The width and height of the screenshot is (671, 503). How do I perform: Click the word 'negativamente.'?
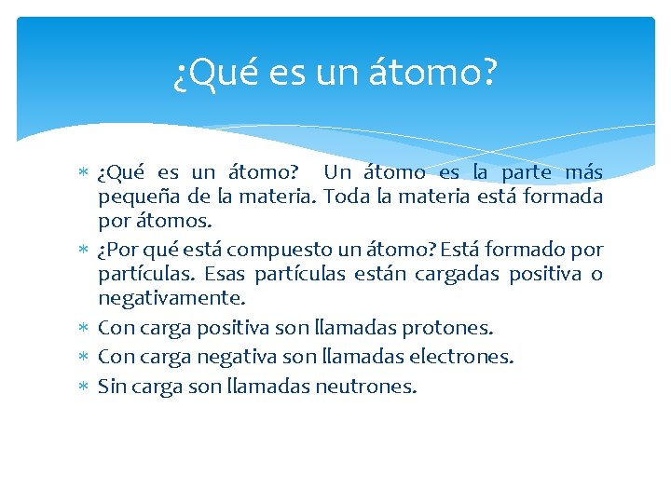pos(172,298)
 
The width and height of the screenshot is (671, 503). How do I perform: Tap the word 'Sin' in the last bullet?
pos(112,385)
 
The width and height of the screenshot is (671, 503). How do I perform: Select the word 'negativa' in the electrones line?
pos(216,356)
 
